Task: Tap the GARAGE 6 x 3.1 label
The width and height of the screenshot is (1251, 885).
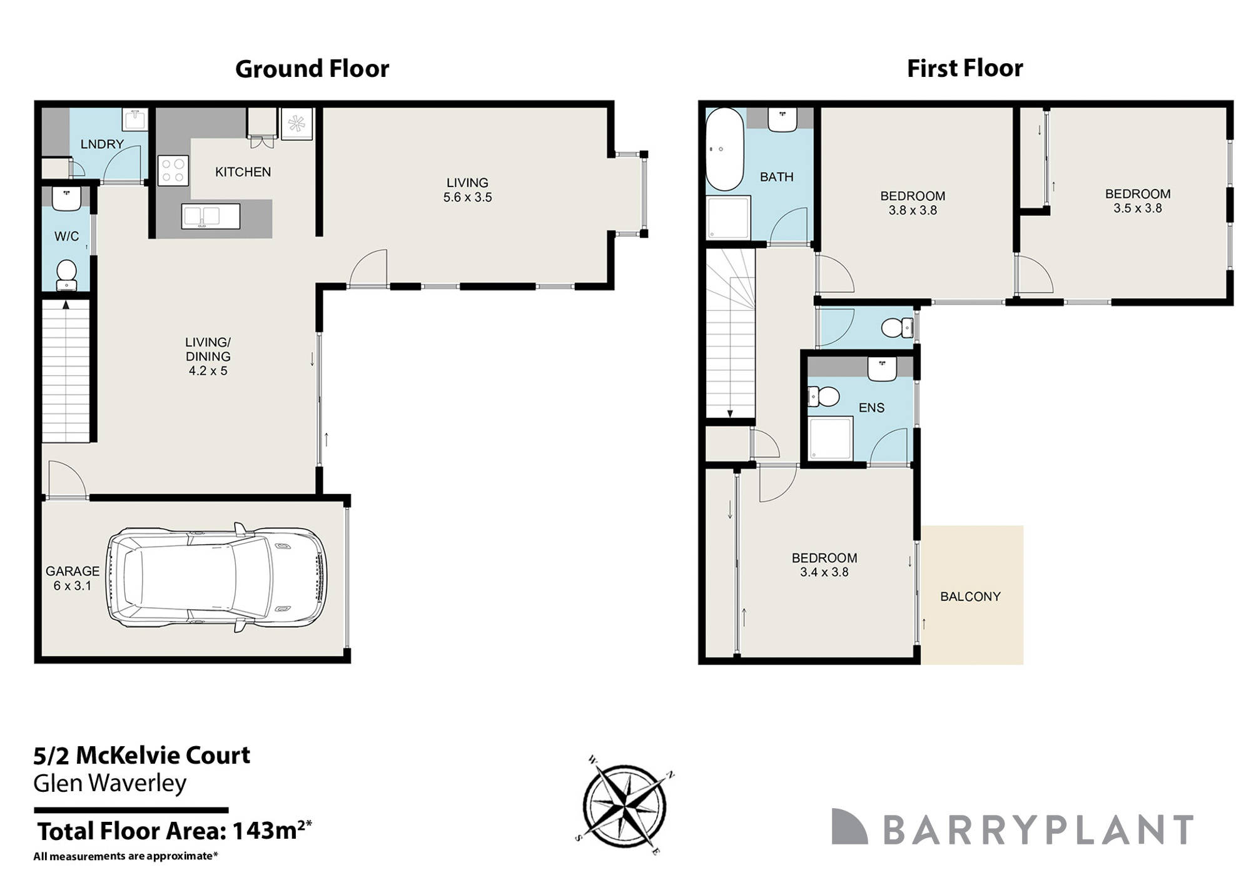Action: pyautogui.click(x=73, y=579)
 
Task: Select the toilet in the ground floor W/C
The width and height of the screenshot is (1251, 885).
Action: pyautogui.click(x=66, y=275)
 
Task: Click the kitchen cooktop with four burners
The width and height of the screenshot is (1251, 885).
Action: pyautogui.click(x=173, y=171)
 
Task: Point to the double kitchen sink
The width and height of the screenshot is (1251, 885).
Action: pyautogui.click(x=211, y=216)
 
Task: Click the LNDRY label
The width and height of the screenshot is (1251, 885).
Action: pyautogui.click(x=102, y=144)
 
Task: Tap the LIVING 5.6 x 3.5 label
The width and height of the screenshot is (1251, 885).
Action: pyautogui.click(x=467, y=190)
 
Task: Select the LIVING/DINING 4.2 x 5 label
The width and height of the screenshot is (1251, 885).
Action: pyautogui.click(x=208, y=357)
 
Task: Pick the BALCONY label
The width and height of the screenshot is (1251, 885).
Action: pyautogui.click(x=970, y=597)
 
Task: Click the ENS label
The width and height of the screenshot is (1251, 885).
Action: pyautogui.click(x=871, y=408)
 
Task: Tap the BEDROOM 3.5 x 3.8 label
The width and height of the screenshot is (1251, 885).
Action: pyautogui.click(x=1137, y=201)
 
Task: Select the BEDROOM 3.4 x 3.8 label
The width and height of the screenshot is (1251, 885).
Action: pyautogui.click(x=824, y=565)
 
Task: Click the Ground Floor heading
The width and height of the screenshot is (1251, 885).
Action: pyautogui.click(x=311, y=69)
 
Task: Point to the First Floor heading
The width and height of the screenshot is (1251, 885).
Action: pyautogui.click(x=965, y=68)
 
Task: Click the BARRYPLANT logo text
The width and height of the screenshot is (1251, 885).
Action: pyautogui.click(x=1038, y=830)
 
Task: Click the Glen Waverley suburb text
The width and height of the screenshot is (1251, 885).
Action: pyautogui.click(x=110, y=784)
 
